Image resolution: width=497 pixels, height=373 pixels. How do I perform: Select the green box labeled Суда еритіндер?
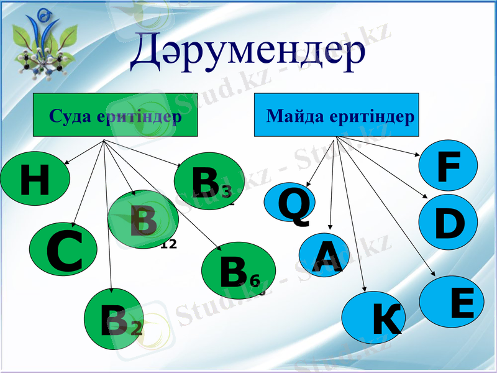pyautogui.click(x=115, y=115)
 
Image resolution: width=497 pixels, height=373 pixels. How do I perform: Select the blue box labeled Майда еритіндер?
pyautogui.click(x=336, y=115)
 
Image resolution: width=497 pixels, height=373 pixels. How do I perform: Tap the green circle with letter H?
pyautogui.click(x=34, y=181)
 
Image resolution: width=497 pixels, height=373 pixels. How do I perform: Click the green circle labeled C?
pyautogui.click(x=63, y=251)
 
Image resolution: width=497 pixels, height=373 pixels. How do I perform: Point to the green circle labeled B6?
pyautogui.click(x=239, y=270)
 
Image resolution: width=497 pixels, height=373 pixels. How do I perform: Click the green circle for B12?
pyautogui.click(x=143, y=219)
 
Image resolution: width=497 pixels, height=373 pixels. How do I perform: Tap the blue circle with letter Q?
pyautogui.click(x=290, y=203)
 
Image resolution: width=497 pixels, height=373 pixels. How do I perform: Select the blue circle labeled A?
pyautogui.click(x=324, y=254)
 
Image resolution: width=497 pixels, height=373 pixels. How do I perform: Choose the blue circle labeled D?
pyautogui.click(x=447, y=222)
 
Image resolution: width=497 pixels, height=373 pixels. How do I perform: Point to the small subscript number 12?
pyautogui.click(x=168, y=244)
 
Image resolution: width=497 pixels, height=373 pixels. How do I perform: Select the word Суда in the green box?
pyautogui.click(x=71, y=116)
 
